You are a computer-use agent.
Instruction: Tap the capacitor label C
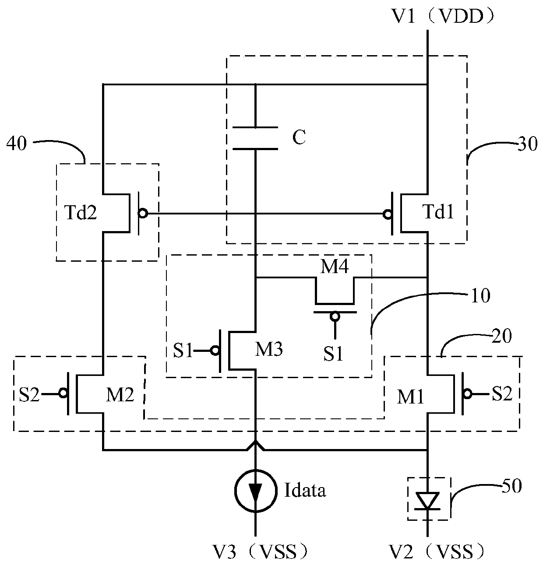point(299,137)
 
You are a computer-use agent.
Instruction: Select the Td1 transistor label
point(438,212)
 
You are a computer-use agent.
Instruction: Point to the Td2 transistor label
point(81,213)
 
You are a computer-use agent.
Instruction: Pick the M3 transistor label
point(269,349)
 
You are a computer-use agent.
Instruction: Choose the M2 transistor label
point(120,395)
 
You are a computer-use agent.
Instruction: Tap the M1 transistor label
point(410,397)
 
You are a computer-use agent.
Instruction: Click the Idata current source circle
point(255,491)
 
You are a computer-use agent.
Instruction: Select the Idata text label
point(305,490)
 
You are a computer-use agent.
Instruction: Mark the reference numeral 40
point(17,144)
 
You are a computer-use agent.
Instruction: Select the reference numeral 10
point(480,296)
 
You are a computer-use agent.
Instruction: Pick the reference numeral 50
point(512,486)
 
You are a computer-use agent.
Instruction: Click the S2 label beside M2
point(29,395)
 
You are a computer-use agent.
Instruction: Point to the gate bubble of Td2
point(143,214)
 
